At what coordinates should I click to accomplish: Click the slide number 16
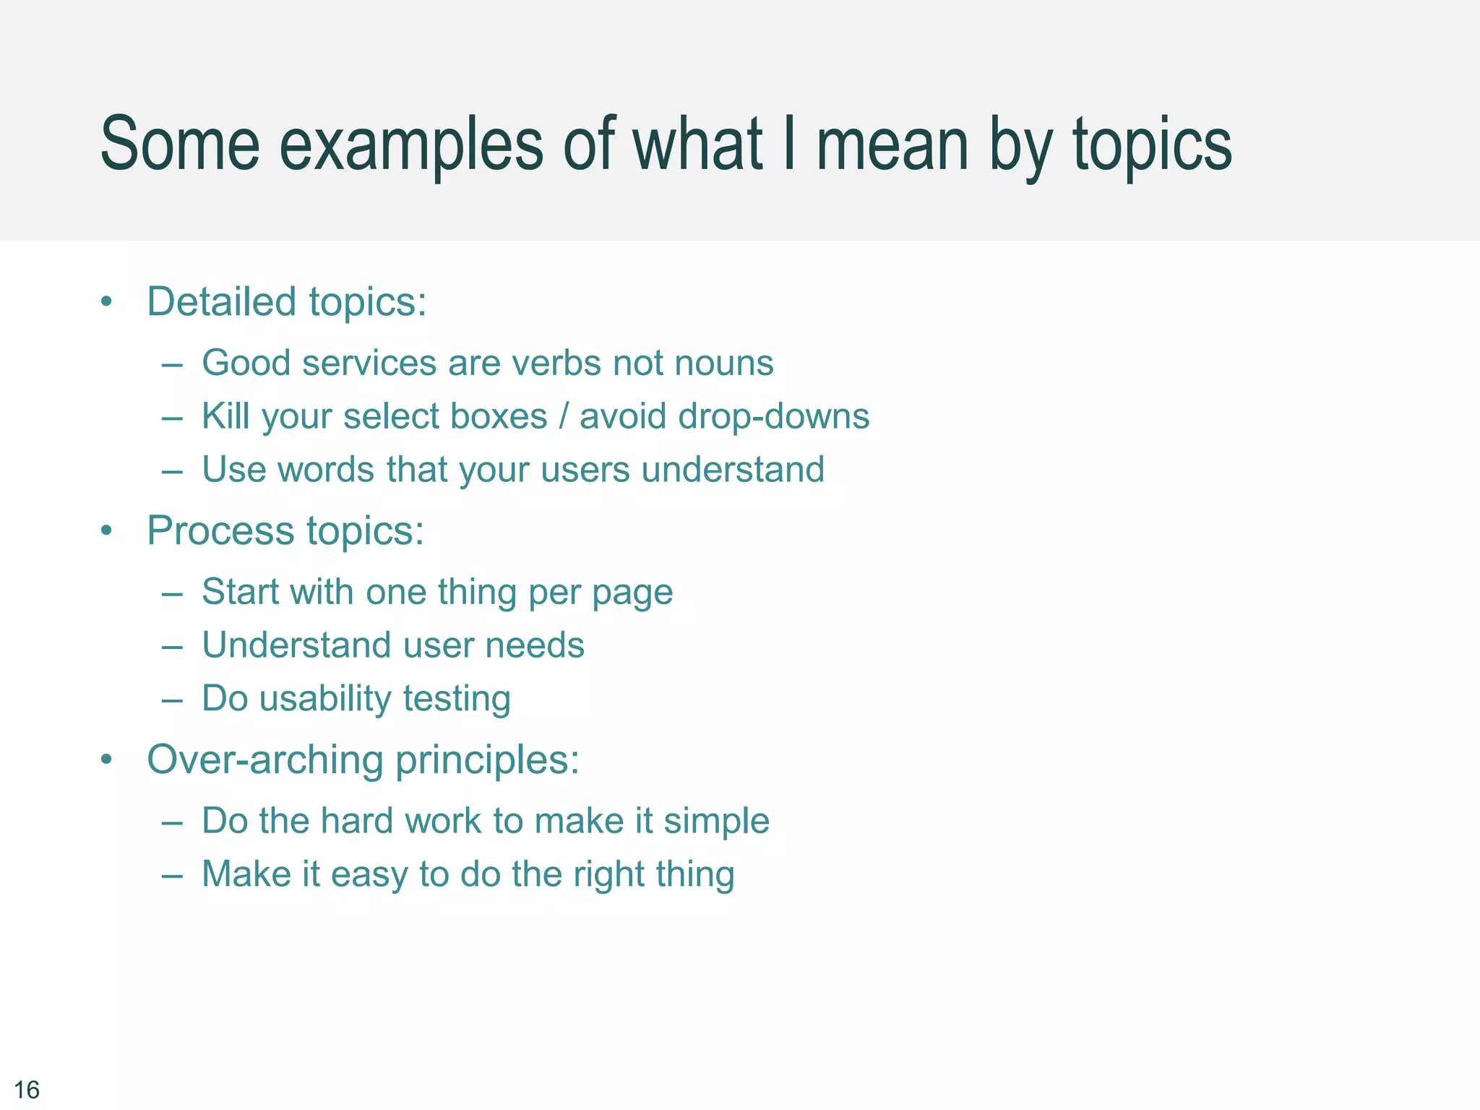27,1089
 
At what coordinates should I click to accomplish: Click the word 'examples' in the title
410,145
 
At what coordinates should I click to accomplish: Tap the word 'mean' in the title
892,145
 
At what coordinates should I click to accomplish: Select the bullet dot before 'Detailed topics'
107,301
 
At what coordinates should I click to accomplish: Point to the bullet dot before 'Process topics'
107,530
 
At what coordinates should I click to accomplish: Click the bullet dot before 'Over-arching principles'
107,760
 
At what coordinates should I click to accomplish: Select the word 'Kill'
225,416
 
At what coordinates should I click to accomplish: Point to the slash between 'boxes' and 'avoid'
564,416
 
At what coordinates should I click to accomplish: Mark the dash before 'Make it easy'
172,874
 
